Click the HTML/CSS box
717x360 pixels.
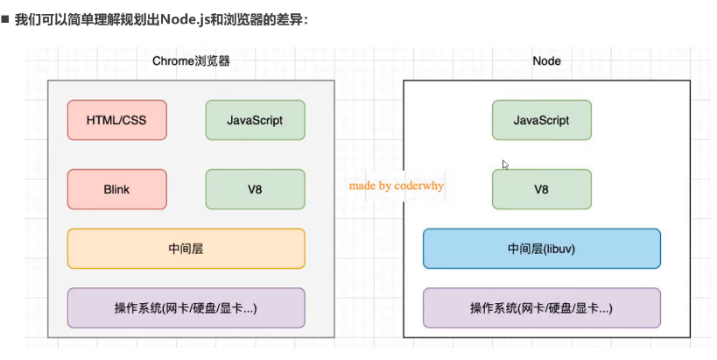116,120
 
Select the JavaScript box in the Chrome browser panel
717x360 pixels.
255,120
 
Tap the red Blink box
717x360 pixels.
116,189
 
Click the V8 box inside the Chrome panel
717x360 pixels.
255,189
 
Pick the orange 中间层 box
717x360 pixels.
186,249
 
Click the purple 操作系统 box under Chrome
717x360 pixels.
186,307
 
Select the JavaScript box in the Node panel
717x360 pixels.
541,120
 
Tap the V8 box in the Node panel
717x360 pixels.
541,189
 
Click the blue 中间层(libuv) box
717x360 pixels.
541,249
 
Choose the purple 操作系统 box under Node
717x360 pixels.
541,307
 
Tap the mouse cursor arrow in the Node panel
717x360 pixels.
505,164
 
